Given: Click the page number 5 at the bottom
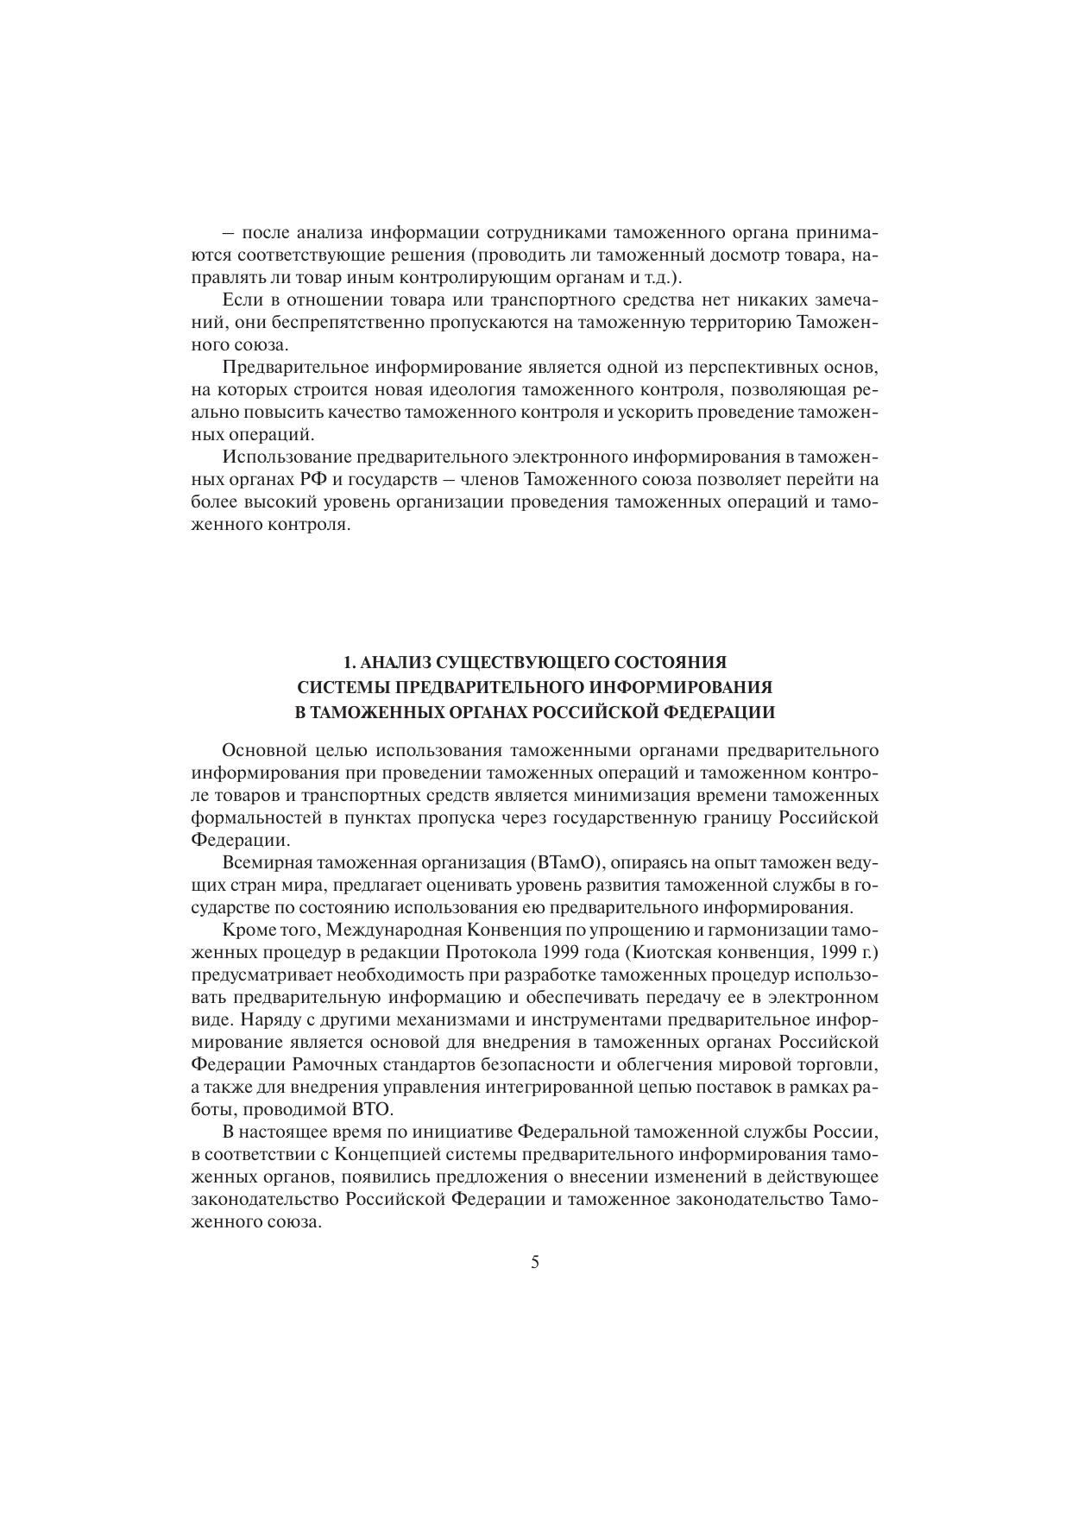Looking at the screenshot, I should tap(535, 1262).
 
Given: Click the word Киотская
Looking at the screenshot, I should tap(671, 952).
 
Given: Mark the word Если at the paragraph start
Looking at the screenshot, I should tap(237, 300).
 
